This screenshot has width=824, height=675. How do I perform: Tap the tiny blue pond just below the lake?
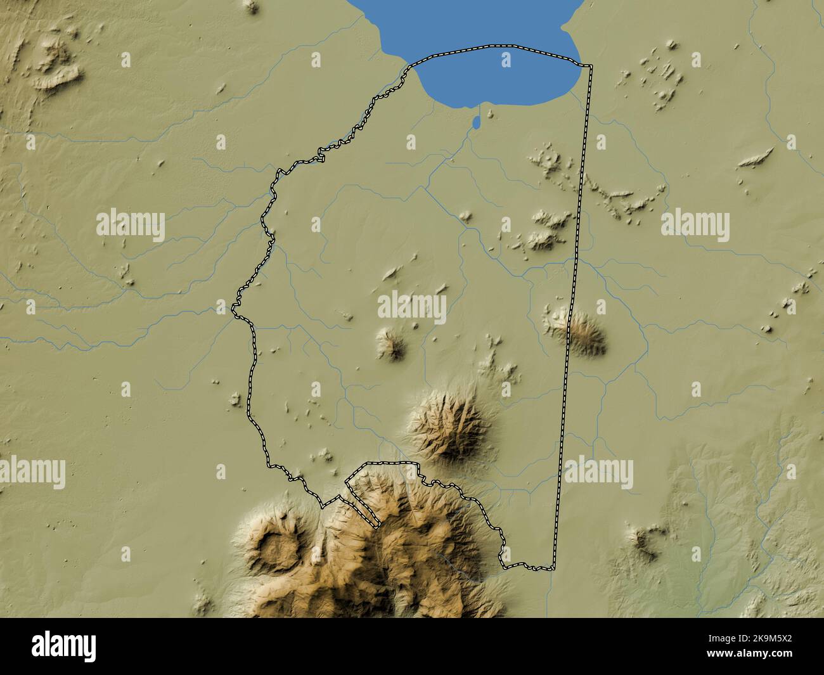point(476,121)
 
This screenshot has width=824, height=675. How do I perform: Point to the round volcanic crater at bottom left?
point(277,545)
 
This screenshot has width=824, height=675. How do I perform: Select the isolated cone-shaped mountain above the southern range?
point(444,421)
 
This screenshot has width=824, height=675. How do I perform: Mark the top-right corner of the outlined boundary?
point(591,66)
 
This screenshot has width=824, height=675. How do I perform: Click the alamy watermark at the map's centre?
point(412,307)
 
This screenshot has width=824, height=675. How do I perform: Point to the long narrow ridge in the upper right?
point(756,157)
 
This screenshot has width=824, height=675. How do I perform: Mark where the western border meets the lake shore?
point(412,66)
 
